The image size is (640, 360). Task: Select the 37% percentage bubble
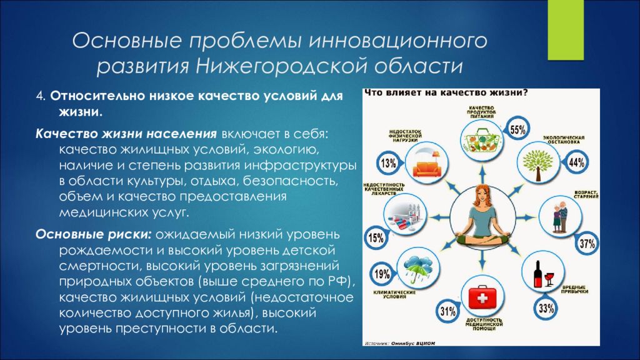click(x=586, y=244)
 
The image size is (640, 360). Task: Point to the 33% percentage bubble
click(x=546, y=307)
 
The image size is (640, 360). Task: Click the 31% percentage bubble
click(x=447, y=311)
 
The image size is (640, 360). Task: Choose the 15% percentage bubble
click(x=375, y=238)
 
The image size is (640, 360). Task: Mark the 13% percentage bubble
click(x=387, y=164)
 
